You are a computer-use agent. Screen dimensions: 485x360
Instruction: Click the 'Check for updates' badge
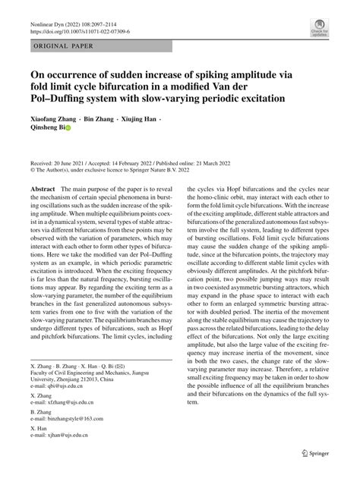click(x=320, y=30)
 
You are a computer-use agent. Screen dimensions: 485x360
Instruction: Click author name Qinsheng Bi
click(x=49, y=129)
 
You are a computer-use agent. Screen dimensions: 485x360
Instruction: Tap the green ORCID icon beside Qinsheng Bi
click(x=68, y=129)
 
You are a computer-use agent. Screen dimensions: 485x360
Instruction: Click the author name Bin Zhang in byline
click(x=99, y=119)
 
